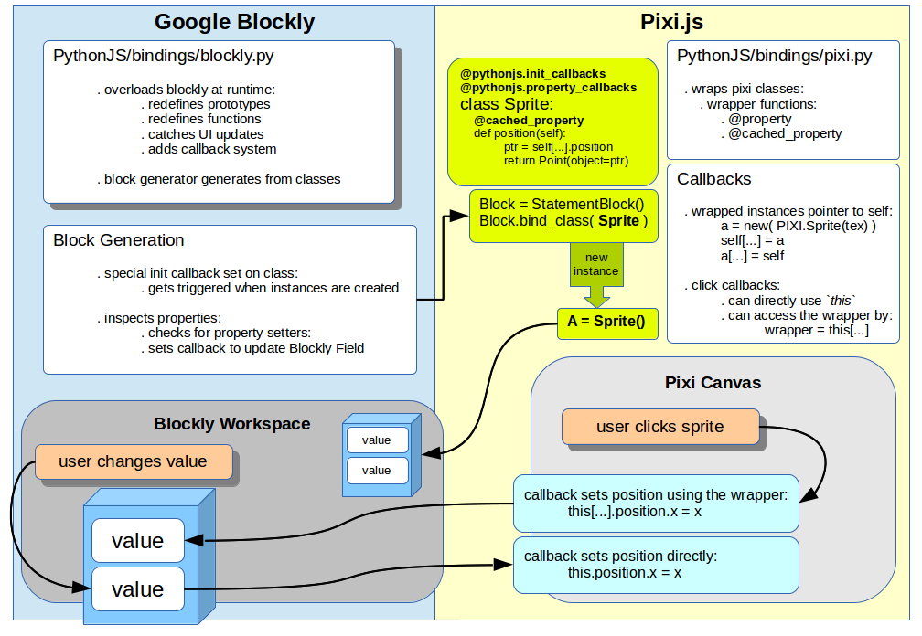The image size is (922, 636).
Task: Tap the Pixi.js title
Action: (673, 22)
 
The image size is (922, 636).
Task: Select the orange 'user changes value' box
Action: (133, 462)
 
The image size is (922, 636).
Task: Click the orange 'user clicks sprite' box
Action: (659, 427)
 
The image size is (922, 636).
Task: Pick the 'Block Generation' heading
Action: (119, 240)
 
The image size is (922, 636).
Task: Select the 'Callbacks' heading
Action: (713, 179)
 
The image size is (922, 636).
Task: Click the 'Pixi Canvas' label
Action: (713, 382)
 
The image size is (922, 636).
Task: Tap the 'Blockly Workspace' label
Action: (232, 424)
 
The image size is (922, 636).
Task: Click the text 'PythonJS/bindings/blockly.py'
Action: (164, 57)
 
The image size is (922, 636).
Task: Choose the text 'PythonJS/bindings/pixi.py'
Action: (774, 57)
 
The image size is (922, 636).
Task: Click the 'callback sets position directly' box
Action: (656, 564)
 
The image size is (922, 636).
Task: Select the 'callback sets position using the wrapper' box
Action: (656, 503)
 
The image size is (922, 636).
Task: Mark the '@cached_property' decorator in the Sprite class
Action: (529, 121)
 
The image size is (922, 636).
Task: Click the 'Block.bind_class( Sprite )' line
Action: (563, 221)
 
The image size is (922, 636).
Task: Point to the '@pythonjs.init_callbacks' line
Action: (532, 73)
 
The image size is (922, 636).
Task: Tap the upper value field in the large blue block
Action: (137, 541)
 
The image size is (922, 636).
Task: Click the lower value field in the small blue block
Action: (376, 471)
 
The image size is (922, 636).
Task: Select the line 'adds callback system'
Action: (212, 149)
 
